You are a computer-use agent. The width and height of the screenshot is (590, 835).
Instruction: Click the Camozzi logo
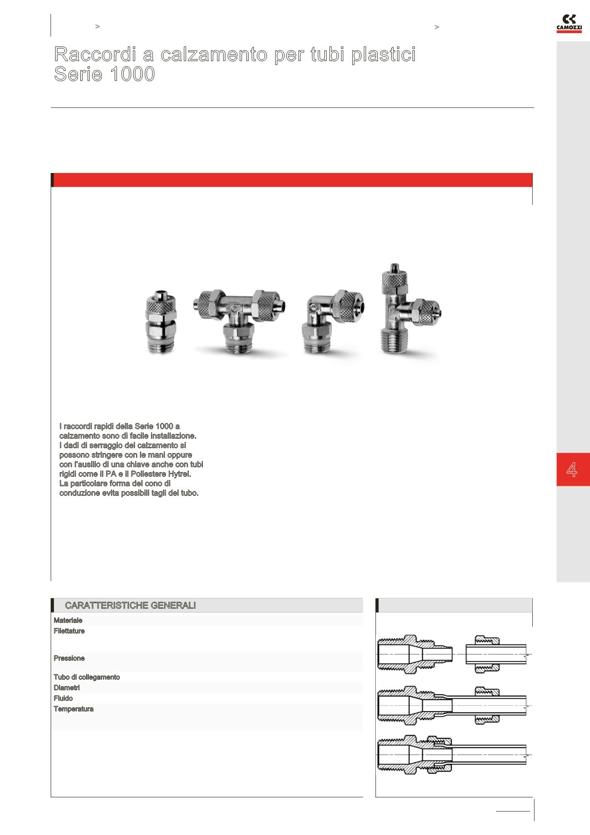tap(569, 23)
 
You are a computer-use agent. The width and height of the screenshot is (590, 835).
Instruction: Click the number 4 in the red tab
tap(572, 469)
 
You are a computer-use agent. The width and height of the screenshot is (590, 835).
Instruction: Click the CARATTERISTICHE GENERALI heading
tap(130, 605)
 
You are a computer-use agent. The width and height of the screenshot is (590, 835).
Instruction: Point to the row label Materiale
tap(68, 620)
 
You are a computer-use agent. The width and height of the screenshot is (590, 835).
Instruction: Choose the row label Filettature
tap(69, 631)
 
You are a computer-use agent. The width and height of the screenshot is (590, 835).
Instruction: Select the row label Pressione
tap(69, 658)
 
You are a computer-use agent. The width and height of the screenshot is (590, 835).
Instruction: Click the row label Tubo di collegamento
tap(87, 677)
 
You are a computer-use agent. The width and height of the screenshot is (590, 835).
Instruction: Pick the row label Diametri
tap(67, 688)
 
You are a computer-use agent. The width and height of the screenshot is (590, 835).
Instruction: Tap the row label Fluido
tap(63, 698)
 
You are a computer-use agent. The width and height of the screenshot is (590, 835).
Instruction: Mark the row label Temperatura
tap(74, 709)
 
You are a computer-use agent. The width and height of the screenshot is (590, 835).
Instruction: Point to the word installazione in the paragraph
tap(173, 436)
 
